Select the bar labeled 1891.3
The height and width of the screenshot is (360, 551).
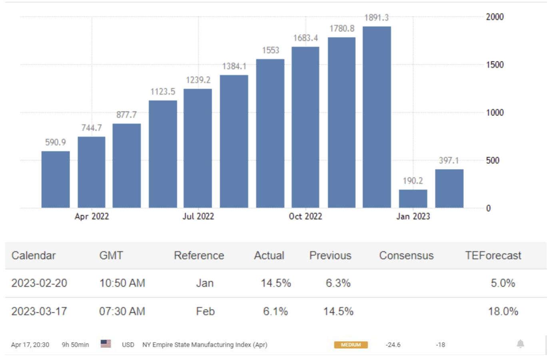pyautogui.click(x=377, y=117)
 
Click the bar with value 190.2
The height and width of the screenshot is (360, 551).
pyautogui.click(x=413, y=199)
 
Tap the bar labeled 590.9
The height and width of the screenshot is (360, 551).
pyautogui.click(x=56, y=180)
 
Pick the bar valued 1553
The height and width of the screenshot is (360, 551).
pyautogui.click(x=270, y=134)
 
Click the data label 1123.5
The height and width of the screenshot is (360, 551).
pyautogui.click(x=163, y=92)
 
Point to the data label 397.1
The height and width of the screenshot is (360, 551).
pyautogui.click(x=449, y=160)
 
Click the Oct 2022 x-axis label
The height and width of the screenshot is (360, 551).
pyautogui.click(x=305, y=216)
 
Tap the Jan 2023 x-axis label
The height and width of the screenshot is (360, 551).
pyautogui.click(x=413, y=216)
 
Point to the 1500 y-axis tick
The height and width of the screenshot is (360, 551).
pyautogui.click(x=495, y=65)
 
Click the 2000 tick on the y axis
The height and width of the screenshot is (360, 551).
pyautogui.click(x=495, y=17)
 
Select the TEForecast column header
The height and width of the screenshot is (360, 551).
pyautogui.click(x=493, y=256)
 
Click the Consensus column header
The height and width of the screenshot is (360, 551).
pyautogui.click(x=406, y=256)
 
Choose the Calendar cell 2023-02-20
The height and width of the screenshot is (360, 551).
pyautogui.click(x=39, y=283)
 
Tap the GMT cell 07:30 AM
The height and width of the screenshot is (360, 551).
pyautogui.click(x=122, y=311)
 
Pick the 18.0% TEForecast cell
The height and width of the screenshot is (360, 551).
pyautogui.click(x=503, y=311)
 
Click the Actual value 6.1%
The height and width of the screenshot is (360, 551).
pyautogui.click(x=275, y=311)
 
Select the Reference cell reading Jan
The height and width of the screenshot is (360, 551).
pyautogui.click(x=205, y=283)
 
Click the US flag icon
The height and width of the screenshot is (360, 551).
pyautogui.click(x=106, y=344)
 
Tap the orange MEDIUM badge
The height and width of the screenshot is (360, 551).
pyautogui.click(x=351, y=345)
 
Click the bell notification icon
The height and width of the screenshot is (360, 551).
pyautogui.click(x=520, y=344)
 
